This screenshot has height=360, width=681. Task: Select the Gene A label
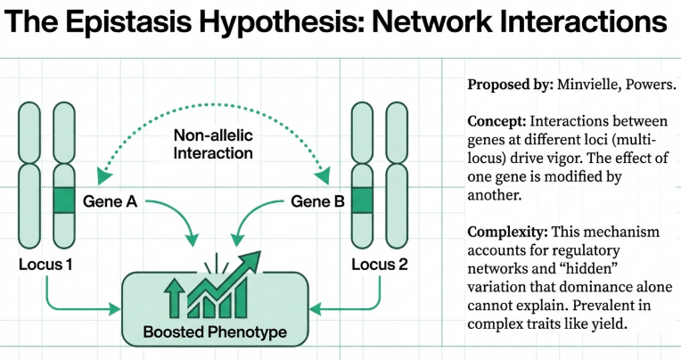click(x=110, y=201)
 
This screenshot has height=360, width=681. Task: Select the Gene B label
click(x=317, y=201)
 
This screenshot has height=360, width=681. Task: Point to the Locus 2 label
click(x=379, y=265)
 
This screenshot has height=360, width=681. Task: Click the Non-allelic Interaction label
click(x=214, y=144)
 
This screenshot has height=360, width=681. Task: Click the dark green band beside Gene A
click(x=64, y=200)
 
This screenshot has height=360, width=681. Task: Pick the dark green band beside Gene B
click(x=362, y=200)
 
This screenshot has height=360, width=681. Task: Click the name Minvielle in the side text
click(x=591, y=86)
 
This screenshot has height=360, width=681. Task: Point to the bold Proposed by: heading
click(x=511, y=86)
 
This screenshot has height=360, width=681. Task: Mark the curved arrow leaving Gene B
click(x=258, y=219)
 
